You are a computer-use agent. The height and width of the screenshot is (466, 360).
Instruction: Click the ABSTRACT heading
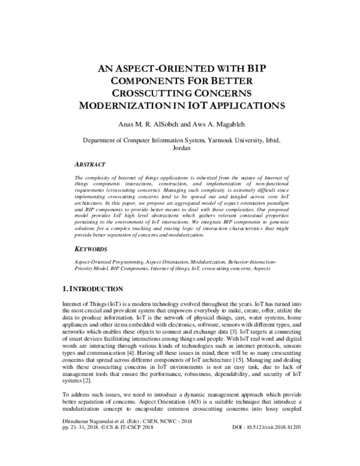(90, 164)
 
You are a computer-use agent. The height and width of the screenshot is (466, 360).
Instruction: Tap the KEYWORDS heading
(91, 249)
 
